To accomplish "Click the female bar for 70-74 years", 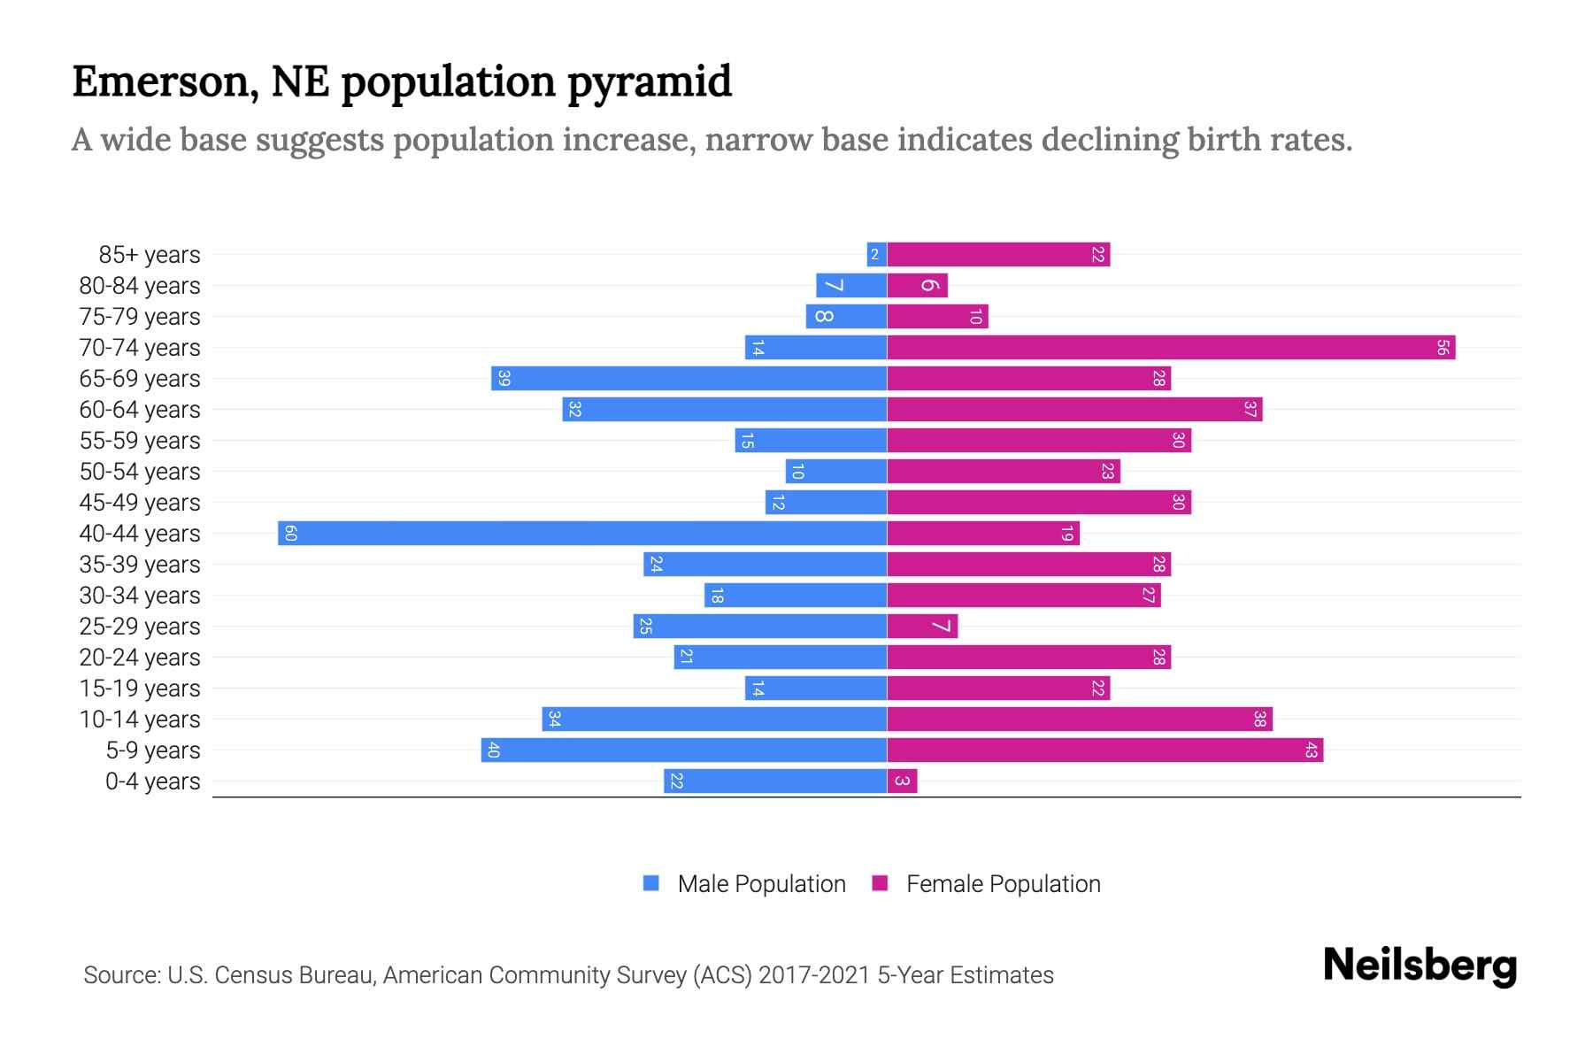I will point(1170,348).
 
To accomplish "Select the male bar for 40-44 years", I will point(582,534).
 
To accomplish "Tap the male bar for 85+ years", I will point(876,255).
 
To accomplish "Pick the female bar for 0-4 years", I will point(902,781).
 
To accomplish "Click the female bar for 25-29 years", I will point(922,627).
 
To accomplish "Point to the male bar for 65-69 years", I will point(689,379).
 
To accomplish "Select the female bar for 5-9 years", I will point(1104,750).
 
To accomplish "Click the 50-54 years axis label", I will point(140,472).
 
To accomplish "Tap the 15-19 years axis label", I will point(140,689).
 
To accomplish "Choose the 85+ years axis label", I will point(150,255).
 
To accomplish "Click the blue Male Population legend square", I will point(651,883).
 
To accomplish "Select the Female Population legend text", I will point(1003,884).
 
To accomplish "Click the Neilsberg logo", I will point(1420,966).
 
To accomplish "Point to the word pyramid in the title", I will point(649,82).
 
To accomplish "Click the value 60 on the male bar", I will point(290,534).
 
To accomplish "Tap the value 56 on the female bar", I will point(1442,348).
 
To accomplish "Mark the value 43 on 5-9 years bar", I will point(1311,750).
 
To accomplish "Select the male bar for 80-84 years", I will point(850,286).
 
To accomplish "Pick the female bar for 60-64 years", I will point(1074,410).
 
